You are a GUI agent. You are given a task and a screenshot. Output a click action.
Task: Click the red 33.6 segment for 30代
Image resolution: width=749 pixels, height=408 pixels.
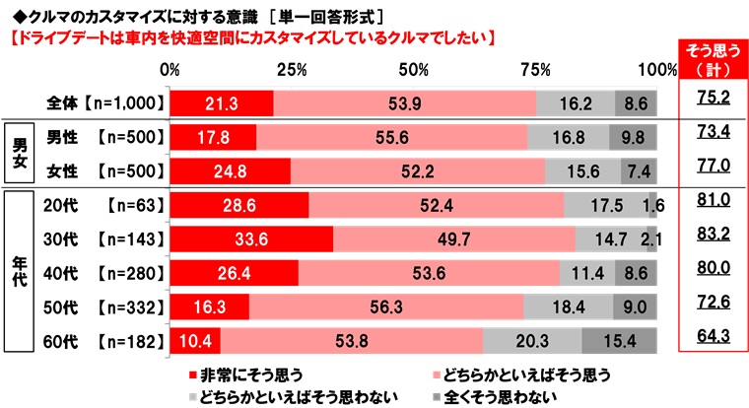pos(251,238)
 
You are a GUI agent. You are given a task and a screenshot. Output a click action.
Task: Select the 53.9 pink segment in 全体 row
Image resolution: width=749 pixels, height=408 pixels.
pos(404,102)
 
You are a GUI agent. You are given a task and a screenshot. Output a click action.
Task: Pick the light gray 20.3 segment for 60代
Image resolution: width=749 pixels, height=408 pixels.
pos(532,342)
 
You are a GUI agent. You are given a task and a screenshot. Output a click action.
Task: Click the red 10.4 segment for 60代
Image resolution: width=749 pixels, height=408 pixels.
pos(194,342)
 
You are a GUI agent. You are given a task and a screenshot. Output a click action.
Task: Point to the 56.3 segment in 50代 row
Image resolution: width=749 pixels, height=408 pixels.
pos(386,307)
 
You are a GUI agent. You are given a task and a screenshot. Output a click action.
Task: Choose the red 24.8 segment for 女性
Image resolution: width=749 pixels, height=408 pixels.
pos(230,171)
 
